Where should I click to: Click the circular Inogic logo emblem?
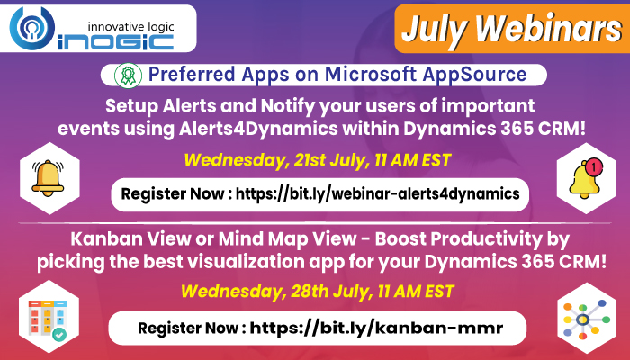32,28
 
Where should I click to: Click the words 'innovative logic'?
130,27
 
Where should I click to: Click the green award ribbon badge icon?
128,75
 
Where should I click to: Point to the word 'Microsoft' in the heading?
371,74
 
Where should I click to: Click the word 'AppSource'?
474,75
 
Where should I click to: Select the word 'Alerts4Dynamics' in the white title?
258,129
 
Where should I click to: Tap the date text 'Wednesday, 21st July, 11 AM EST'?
318,160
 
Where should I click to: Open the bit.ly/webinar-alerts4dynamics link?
378,193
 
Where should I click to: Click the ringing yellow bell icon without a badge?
49,177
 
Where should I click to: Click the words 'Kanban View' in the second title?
130,239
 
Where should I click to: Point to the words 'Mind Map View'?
287,239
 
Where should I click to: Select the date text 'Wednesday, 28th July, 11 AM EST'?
318,292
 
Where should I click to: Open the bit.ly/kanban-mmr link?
376,328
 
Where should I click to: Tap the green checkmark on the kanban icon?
60,334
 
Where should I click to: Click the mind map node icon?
586,319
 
